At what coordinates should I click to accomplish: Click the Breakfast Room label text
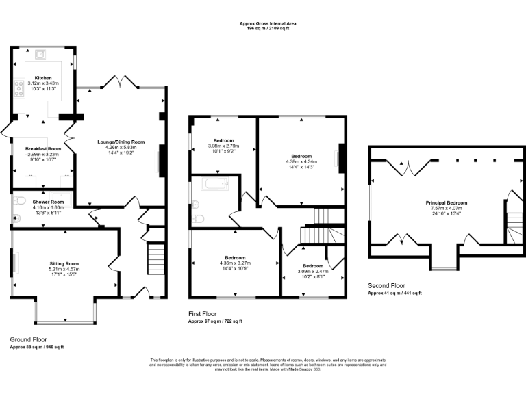(x=43, y=148)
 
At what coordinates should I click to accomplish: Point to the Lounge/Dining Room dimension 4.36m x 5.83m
(x=121, y=147)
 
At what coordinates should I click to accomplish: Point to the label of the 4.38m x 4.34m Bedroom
(x=301, y=156)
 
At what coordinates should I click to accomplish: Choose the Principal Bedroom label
(x=447, y=202)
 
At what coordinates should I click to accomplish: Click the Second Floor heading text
(x=386, y=285)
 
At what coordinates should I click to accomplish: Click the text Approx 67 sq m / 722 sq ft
(x=215, y=321)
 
